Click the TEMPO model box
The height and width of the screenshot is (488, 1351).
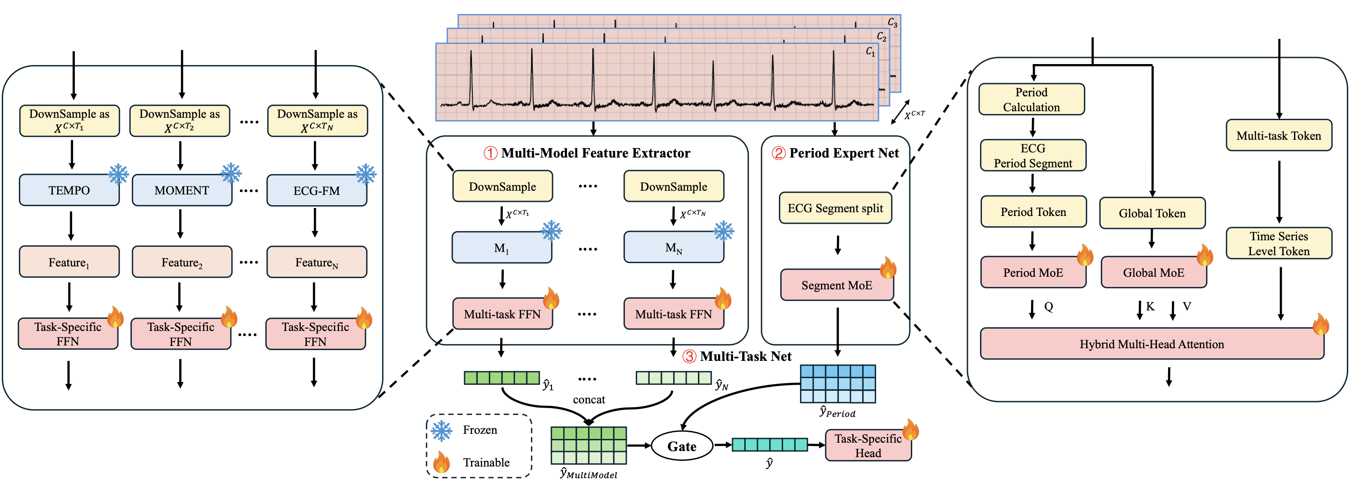point(69,190)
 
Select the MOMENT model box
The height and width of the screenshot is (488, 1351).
point(182,190)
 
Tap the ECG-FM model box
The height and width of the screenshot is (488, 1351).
point(316,191)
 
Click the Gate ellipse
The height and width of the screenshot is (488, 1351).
point(681,446)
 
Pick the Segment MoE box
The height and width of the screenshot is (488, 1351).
point(836,285)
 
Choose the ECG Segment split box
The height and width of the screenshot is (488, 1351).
point(835,208)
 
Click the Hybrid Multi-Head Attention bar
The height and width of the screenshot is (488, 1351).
point(1151,344)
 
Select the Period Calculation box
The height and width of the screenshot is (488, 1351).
point(1031,100)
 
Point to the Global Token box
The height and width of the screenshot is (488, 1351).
point(1152,213)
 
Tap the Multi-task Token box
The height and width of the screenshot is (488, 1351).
point(1278,136)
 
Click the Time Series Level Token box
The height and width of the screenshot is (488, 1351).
point(1278,243)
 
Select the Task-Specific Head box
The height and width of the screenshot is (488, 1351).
point(868,445)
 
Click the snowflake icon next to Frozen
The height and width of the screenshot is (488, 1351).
point(442,431)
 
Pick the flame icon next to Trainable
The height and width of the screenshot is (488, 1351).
point(442,462)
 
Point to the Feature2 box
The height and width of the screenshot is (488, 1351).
point(182,262)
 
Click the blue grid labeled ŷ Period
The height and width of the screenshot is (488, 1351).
point(837,384)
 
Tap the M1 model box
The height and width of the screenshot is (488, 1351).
point(501,247)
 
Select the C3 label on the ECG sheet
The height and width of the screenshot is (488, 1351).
point(892,22)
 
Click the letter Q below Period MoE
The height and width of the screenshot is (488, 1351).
point(1048,307)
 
